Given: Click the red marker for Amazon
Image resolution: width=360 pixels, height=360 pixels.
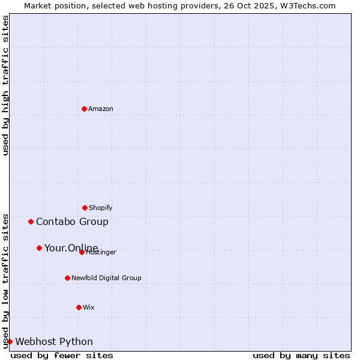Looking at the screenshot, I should click(x=84, y=109).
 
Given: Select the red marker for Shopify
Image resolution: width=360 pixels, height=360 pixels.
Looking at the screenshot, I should click(x=85, y=208).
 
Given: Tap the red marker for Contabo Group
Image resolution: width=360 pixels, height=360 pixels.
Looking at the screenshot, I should click(x=31, y=221).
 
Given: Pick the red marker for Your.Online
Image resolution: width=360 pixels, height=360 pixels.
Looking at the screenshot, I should click(x=39, y=248).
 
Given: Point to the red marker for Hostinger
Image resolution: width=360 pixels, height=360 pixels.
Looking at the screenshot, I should click(x=82, y=252).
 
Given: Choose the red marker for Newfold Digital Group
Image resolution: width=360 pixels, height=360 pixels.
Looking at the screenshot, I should click(x=67, y=278).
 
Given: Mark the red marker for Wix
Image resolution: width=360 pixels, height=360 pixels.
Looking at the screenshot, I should click(x=79, y=307).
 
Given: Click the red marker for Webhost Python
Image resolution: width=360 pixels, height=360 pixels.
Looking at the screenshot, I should click(x=10, y=341).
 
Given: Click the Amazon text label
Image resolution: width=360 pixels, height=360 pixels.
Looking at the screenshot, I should click(x=101, y=109).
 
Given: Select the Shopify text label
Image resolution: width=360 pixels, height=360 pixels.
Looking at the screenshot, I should click(x=101, y=208).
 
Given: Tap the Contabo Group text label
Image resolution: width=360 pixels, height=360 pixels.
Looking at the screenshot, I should click(x=72, y=221).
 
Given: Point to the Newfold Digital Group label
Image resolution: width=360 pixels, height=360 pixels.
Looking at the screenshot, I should click(x=106, y=278).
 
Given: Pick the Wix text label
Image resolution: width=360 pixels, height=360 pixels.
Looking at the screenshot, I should click(x=89, y=307).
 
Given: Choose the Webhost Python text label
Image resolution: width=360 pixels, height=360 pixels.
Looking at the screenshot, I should click(x=54, y=341).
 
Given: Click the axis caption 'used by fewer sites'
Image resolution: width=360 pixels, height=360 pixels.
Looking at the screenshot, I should click(x=62, y=355).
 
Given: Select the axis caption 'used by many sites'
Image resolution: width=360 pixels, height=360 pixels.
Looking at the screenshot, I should click(x=301, y=355).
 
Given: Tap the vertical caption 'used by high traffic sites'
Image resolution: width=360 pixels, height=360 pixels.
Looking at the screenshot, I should click(x=5, y=85).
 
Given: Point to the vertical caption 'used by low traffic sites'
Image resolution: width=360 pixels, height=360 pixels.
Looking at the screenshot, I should click(x=5, y=280).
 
